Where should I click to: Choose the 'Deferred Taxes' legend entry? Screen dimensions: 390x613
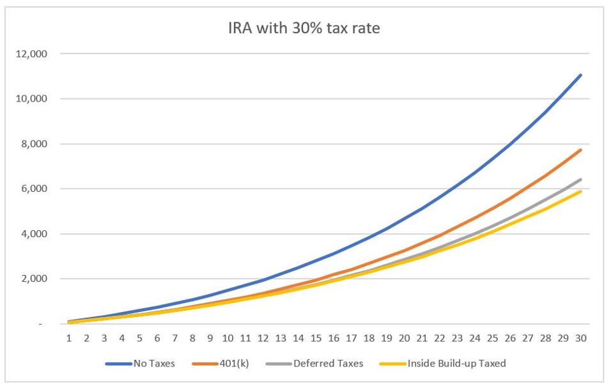pyautogui.click(x=328, y=363)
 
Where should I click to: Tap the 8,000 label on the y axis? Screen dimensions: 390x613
pyautogui.click(x=33, y=144)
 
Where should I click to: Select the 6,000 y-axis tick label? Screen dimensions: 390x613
pyautogui.click(x=33, y=189)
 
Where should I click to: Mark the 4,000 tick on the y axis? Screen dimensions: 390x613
pyautogui.click(x=33, y=234)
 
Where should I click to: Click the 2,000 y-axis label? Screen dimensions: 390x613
pyautogui.click(x=33, y=279)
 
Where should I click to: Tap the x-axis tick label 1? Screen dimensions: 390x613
pyautogui.click(x=68, y=337)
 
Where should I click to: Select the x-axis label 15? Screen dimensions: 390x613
pyautogui.click(x=316, y=337)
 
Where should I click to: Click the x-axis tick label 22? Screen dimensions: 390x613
pyautogui.click(x=439, y=337)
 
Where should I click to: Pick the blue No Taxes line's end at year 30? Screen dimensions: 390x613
pyautogui.click(x=580, y=75)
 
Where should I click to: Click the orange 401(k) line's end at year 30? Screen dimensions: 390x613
pyautogui.click(x=580, y=150)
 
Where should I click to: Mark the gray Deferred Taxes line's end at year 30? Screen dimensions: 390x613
pyautogui.click(x=580, y=180)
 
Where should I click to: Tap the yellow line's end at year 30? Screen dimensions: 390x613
pyautogui.click(x=580, y=191)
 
